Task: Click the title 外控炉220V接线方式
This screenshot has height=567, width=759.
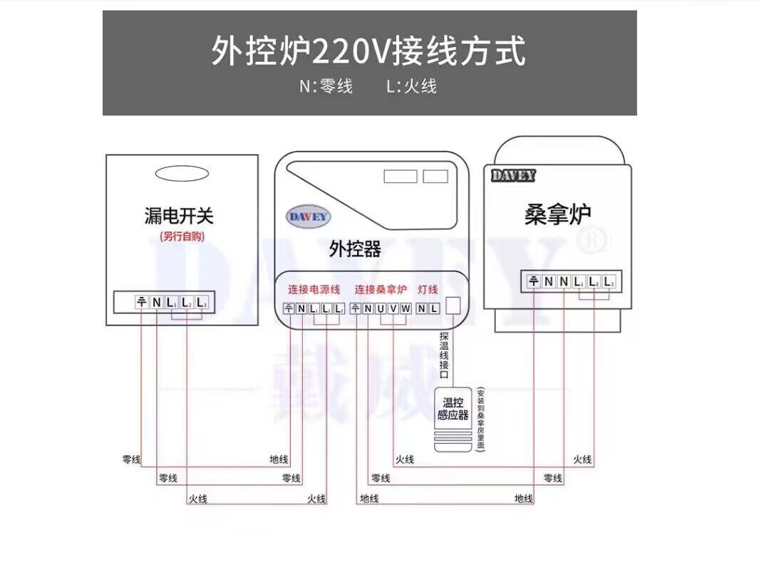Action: tap(368, 51)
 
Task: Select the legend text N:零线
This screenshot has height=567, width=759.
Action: tap(326, 87)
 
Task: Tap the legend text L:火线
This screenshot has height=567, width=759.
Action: tap(411, 87)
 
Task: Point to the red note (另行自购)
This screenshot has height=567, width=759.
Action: tap(182, 236)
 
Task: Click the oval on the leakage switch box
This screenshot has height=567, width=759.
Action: tap(182, 174)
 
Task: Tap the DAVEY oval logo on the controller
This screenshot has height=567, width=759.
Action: tap(309, 217)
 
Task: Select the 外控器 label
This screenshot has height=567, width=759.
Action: tap(355, 249)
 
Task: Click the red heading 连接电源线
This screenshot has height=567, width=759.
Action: tap(314, 290)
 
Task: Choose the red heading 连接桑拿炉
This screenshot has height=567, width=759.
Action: tap(381, 290)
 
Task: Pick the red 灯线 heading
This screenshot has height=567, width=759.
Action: tap(428, 290)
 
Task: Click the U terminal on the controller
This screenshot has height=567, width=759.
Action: tap(381, 308)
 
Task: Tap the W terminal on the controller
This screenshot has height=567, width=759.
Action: tap(406, 308)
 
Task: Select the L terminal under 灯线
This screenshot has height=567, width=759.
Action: tap(433, 308)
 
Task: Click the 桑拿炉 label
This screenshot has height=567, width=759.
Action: tap(557, 214)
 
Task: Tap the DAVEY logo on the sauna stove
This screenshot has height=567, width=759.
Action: tap(513, 175)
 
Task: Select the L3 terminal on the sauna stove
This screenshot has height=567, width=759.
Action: tap(608, 282)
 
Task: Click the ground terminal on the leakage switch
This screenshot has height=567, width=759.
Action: tap(141, 302)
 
